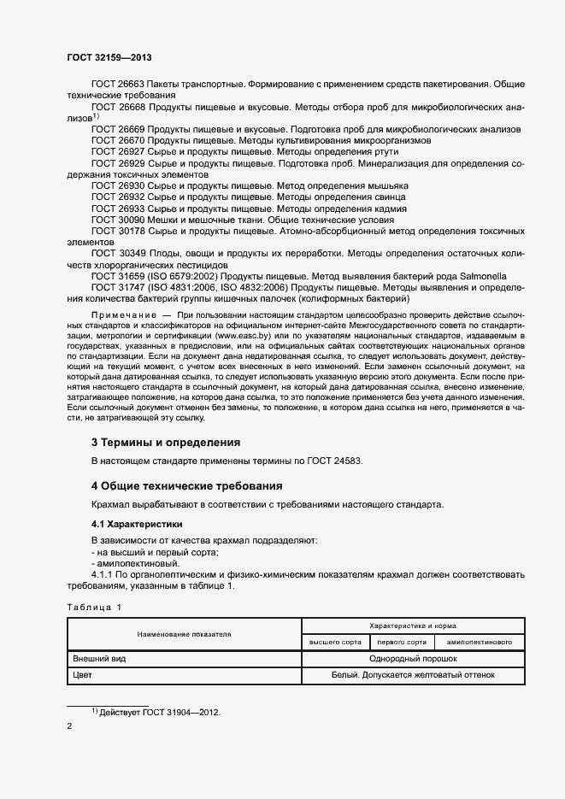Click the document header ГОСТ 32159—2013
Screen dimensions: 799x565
point(109,58)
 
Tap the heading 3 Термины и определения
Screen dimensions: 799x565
point(165,443)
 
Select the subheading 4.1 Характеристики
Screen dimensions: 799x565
point(137,523)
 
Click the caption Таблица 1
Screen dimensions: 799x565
point(94,607)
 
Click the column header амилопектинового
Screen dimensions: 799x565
point(480,642)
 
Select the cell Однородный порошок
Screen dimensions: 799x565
point(412,659)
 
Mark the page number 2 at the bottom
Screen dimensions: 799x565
point(69,727)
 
